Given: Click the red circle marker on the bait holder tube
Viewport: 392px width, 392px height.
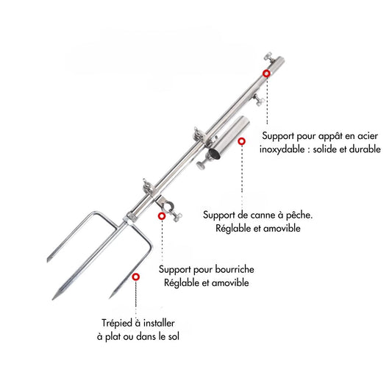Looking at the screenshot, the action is tap(266, 74).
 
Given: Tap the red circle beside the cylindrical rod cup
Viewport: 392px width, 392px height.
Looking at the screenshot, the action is tap(241, 141).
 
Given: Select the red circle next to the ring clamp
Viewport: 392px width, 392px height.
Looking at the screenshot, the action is tap(162, 216).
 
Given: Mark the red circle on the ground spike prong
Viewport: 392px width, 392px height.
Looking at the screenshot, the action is tap(136, 277).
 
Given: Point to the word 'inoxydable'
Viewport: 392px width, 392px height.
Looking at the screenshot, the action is tap(282, 149).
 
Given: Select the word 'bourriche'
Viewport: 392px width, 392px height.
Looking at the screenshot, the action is tap(235, 269).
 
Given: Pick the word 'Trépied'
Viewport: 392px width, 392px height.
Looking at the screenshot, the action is tap(117, 324).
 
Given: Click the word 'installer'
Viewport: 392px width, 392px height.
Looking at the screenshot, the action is tap(159, 324).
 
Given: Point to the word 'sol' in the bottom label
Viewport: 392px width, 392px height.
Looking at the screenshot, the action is tap(174, 337).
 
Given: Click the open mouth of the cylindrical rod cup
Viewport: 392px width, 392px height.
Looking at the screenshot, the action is tap(215, 153).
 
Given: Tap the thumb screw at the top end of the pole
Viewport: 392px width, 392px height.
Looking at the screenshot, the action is tap(268, 56).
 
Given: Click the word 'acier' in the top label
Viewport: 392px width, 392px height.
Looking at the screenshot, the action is tap(368, 136).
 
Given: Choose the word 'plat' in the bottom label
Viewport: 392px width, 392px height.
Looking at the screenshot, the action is tap(113, 337).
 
